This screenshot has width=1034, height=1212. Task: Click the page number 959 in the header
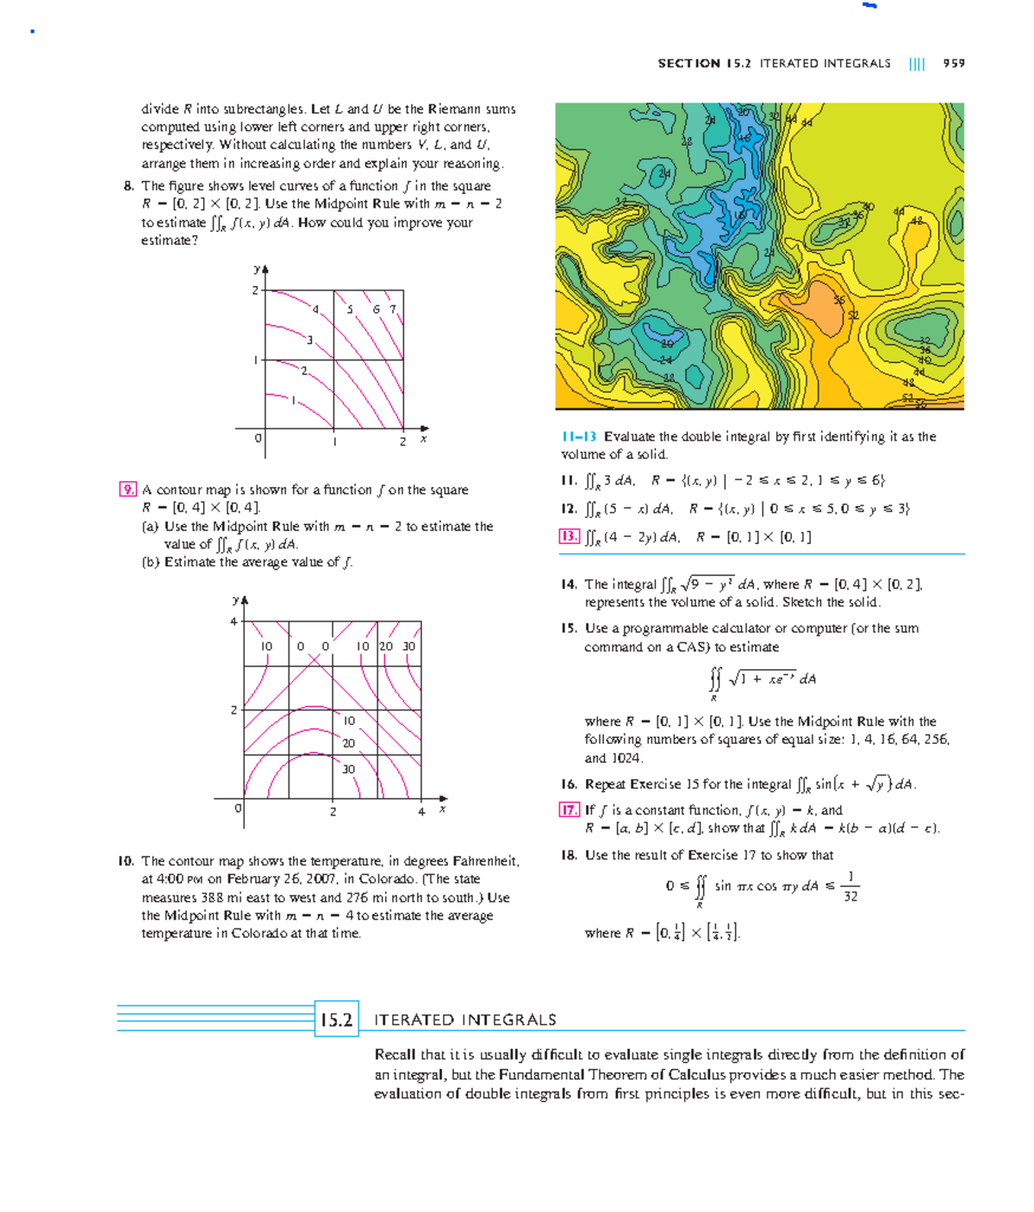tap(953, 63)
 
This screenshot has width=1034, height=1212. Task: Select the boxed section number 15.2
tap(336, 1020)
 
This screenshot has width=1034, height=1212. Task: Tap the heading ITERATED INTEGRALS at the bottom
tap(464, 1020)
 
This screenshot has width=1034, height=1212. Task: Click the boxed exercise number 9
tap(128, 490)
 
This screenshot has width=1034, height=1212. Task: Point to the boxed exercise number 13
tap(569, 536)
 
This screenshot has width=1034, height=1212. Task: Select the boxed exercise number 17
tap(569, 809)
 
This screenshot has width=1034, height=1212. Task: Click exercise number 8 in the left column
tap(128, 185)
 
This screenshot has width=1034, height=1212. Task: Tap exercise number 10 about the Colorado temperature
tap(126, 860)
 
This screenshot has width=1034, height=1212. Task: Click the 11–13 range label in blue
tap(578, 436)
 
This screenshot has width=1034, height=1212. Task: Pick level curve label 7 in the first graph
tap(393, 309)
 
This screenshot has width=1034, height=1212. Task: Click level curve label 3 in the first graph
tap(309, 340)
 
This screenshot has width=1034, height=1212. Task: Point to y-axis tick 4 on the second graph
tap(233, 622)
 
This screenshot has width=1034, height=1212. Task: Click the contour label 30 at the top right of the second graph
tap(408, 646)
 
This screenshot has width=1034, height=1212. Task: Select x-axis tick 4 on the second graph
tap(421, 811)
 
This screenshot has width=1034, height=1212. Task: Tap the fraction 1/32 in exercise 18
tap(850, 886)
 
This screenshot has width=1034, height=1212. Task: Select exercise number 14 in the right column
tap(568, 584)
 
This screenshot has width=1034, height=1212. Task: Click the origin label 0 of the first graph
tap(257, 439)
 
